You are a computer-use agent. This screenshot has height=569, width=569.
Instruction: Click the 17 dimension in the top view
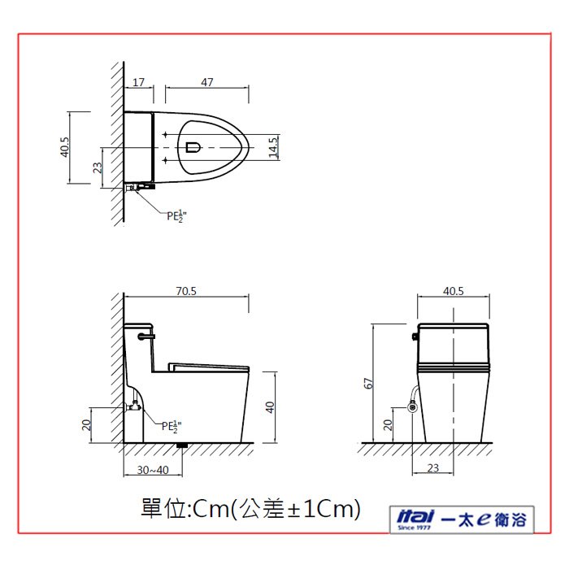[138, 82]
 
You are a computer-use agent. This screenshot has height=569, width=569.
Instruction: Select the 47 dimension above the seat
[206, 82]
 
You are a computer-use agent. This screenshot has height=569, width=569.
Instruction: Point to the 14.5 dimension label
[273, 147]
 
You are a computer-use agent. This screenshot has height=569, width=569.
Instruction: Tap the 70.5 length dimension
[186, 291]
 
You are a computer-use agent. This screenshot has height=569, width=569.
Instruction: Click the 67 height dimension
[368, 383]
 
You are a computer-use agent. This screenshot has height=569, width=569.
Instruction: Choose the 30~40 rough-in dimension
[153, 470]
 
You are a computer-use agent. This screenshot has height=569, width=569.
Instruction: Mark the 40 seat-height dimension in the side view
[270, 407]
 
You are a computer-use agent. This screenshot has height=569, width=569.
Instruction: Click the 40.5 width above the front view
[454, 291]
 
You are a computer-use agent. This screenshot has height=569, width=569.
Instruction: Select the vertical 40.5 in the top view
[64, 147]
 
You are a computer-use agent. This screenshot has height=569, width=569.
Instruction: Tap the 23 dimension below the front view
[433, 468]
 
